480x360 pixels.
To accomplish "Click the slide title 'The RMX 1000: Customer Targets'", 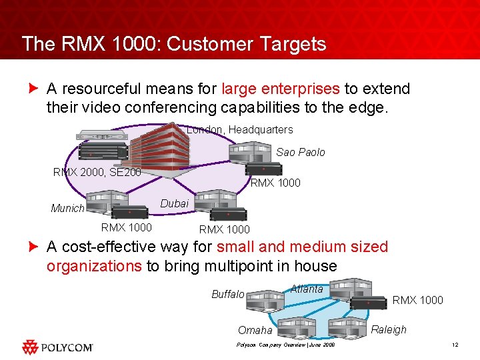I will coord(174,44).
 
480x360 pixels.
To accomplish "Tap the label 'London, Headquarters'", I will coord(240,129).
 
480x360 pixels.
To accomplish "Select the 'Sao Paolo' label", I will coord(301,152).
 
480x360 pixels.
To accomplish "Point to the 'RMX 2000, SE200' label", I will coord(97,173).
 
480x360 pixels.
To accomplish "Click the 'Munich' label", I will coord(67,209).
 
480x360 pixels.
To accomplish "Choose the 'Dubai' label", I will coord(175,203).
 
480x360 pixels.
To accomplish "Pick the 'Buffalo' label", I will coord(227,294).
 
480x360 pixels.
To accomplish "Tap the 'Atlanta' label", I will coord(307,289).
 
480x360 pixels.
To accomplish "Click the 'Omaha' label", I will coord(255,330).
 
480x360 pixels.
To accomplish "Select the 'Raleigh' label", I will coord(388,329).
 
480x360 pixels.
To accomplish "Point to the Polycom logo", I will coord(57,347).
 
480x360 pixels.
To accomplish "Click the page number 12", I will coord(455,344).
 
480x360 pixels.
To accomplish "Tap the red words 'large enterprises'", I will coord(280,89).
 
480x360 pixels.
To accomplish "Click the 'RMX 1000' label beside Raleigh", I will coord(417,300).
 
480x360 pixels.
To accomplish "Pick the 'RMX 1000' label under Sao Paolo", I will coord(275,183).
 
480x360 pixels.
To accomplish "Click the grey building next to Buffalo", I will coord(266,300).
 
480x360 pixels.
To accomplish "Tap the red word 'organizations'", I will coord(94,266).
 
